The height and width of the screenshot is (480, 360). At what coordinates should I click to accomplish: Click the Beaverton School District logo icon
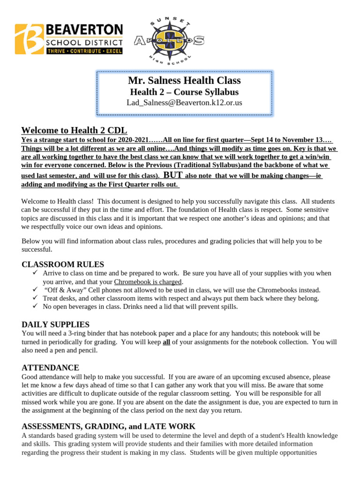[30, 39]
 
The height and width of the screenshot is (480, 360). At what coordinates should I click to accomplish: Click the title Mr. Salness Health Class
[184, 81]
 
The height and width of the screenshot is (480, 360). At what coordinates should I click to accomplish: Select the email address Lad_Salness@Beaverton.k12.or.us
[184, 102]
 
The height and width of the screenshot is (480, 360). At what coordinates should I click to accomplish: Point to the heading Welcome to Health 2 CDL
[74, 130]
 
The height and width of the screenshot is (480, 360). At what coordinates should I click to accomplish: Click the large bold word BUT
[172, 175]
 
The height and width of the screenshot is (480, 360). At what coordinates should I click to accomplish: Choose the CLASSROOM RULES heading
[63, 264]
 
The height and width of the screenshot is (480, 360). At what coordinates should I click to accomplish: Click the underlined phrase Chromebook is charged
[148, 282]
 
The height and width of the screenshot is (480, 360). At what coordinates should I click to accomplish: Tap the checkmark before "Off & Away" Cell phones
[35, 290]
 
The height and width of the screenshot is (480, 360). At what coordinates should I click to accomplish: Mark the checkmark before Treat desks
[35, 298]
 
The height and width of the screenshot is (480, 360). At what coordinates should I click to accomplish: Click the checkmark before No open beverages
[35, 307]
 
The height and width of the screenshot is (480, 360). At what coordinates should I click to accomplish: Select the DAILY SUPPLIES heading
[55, 324]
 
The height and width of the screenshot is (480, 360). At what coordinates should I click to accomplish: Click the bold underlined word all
[166, 342]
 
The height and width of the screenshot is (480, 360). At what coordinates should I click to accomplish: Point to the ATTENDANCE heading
[50, 367]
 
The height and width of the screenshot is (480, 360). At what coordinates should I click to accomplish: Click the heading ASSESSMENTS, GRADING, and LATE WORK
[108, 426]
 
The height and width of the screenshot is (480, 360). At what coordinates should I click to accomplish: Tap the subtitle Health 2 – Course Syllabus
[184, 92]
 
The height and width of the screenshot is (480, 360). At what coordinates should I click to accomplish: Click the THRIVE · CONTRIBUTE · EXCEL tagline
[84, 51]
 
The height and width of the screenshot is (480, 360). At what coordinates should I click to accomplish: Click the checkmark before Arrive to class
[35, 273]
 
